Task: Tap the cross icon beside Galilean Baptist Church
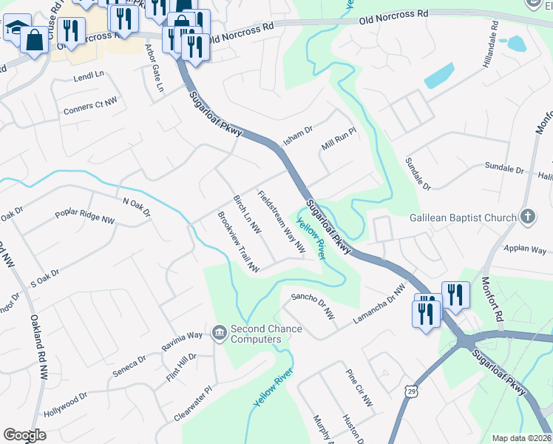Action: (x=527, y=217)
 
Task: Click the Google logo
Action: (x=24, y=435)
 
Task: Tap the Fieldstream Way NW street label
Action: (x=281, y=222)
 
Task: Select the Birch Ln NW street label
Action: (x=247, y=215)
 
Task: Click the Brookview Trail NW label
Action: (x=237, y=242)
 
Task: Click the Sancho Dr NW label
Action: (x=313, y=305)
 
